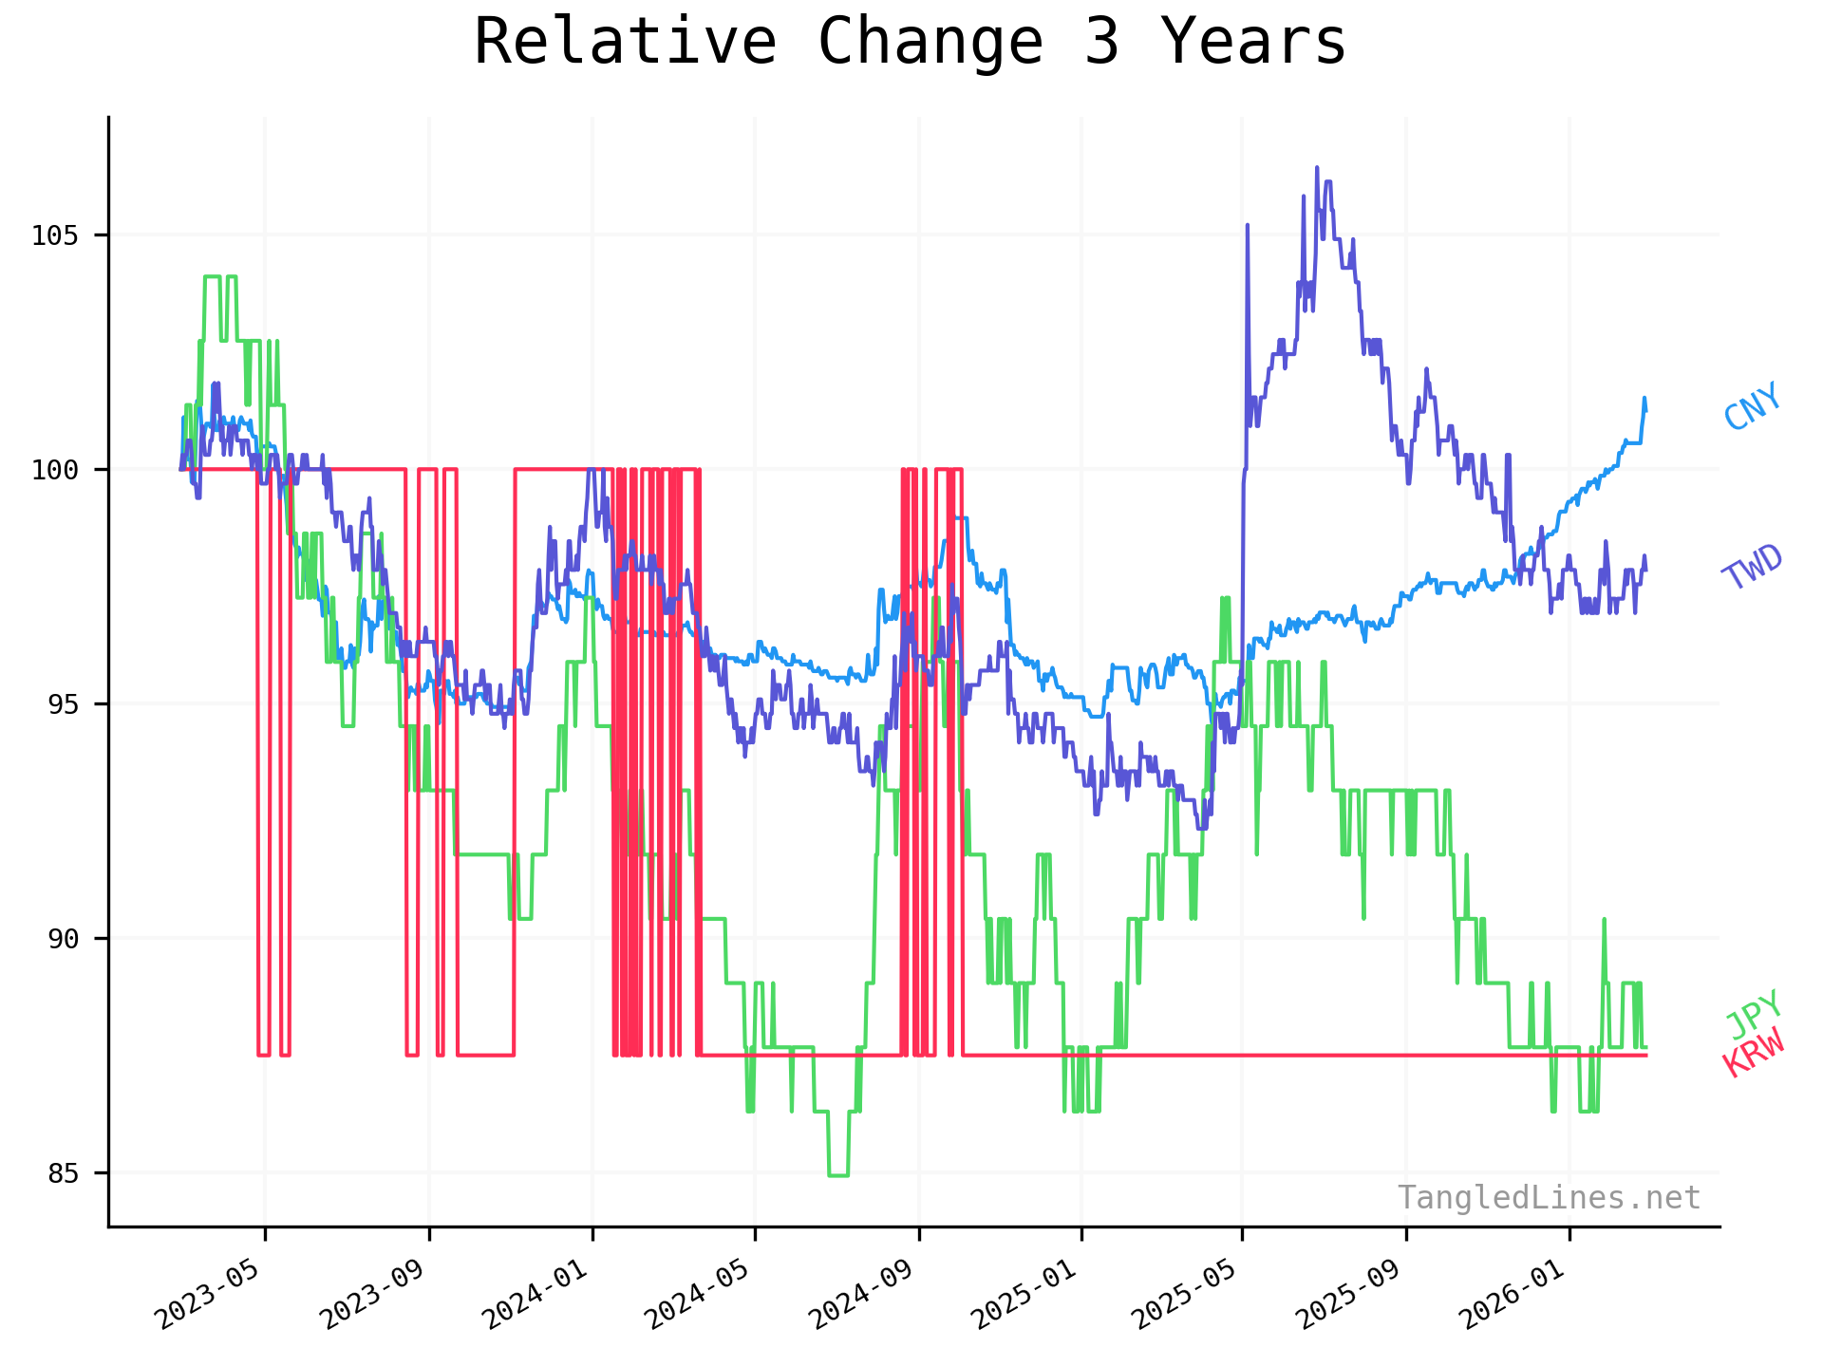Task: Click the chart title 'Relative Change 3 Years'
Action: [x=910, y=42]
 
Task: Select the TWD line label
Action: [x=1753, y=568]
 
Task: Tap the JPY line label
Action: [x=1753, y=1014]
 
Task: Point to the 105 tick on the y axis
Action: [x=53, y=235]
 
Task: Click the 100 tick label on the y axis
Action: [x=53, y=470]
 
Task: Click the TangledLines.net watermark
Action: [x=1548, y=1198]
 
